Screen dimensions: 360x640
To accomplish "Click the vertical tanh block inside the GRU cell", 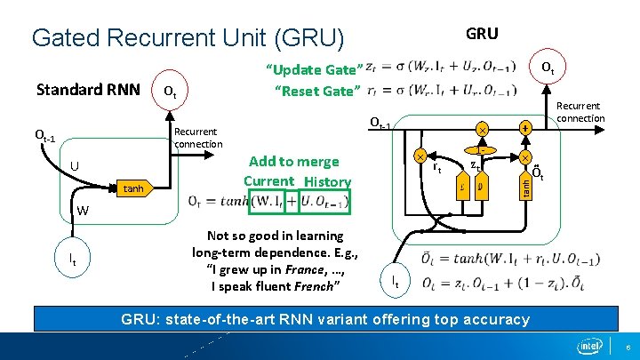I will pyautogui.click(x=525, y=187).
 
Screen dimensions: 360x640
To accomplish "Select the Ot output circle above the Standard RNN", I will pyautogui.click(x=172, y=92).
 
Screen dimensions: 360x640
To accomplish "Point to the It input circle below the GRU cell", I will pyautogui.click(x=396, y=281).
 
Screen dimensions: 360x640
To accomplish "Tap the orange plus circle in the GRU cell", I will pyautogui.click(x=525, y=128).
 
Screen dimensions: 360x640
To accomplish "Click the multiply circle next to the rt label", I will pyautogui.click(x=420, y=156).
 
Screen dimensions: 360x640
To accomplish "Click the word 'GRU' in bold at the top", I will pyautogui.click(x=482, y=34).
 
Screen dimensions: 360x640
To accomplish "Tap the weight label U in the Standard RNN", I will pyautogui.click(x=76, y=166).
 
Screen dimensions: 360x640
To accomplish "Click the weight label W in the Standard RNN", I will pyautogui.click(x=82, y=211).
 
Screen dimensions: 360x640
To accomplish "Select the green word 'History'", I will pyautogui.click(x=327, y=181).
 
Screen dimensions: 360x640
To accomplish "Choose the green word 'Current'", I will pyautogui.click(x=268, y=181).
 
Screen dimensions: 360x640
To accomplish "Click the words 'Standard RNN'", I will pyautogui.click(x=87, y=90).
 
